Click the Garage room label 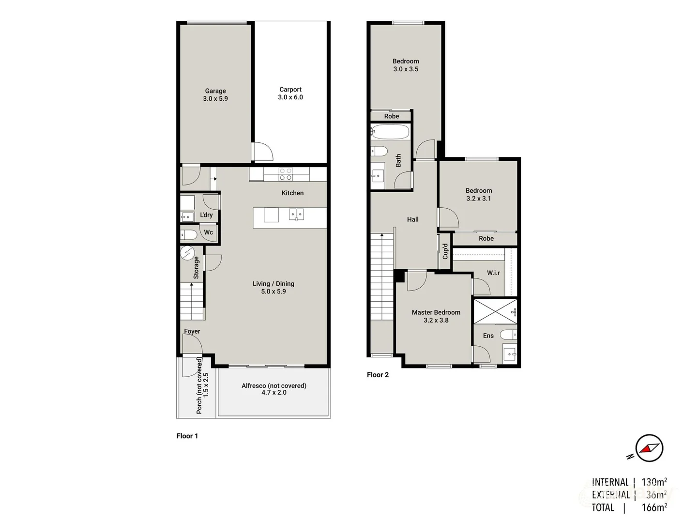pyautogui.click(x=215, y=91)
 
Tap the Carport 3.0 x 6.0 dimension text pyautogui.click(x=290, y=97)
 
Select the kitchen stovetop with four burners pyautogui.click(x=286, y=174)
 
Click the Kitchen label pyautogui.click(x=293, y=193)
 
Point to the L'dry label pyautogui.click(x=207, y=215)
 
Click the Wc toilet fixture pyautogui.click(x=189, y=235)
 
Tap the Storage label pyautogui.click(x=197, y=267)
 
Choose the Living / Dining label pyautogui.click(x=273, y=284)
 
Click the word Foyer pyautogui.click(x=192, y=332)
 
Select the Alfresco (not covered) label pyautogui.click(x=274, y=386)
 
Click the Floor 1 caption pyautogui.click(x=187, y=436)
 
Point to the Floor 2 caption pyautogui.click(x=378, y=375)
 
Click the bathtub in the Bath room pyautogui.click(x=390, y=132)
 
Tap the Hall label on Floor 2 pyautogui.click(x=413, y=219)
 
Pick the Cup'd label pyautogui.click(x=445, y=252)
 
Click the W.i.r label pyautogui.click(x=494, y=273)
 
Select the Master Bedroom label pyautogui.click(x=436, y=313)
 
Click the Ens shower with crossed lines pyautogui.click(x=495, y=311)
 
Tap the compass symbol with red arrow pyautogui.click(x=649, y=448)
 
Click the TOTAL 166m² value pyautogui.click(x=654, y=508)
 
